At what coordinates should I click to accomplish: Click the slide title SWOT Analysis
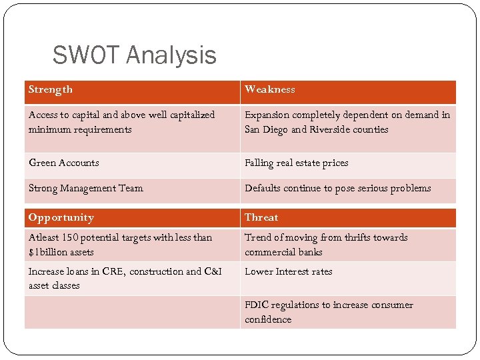pos(134,55)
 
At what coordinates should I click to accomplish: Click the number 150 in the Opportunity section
pos(69,237)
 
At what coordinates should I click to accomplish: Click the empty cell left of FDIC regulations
pos(132,312)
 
